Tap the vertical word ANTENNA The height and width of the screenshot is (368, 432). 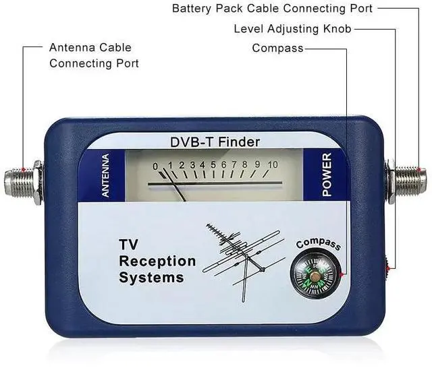(105, 175)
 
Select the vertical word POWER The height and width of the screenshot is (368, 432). (327, 175)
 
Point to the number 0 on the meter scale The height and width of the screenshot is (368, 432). (155, 166)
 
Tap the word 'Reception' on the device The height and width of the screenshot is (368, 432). (157, 261)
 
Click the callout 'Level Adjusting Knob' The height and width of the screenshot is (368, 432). (292, 29)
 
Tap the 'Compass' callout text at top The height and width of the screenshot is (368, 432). (277, 49)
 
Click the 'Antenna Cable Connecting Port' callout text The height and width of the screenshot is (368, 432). (93, 55)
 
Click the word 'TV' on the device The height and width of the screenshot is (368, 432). (128, 245)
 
